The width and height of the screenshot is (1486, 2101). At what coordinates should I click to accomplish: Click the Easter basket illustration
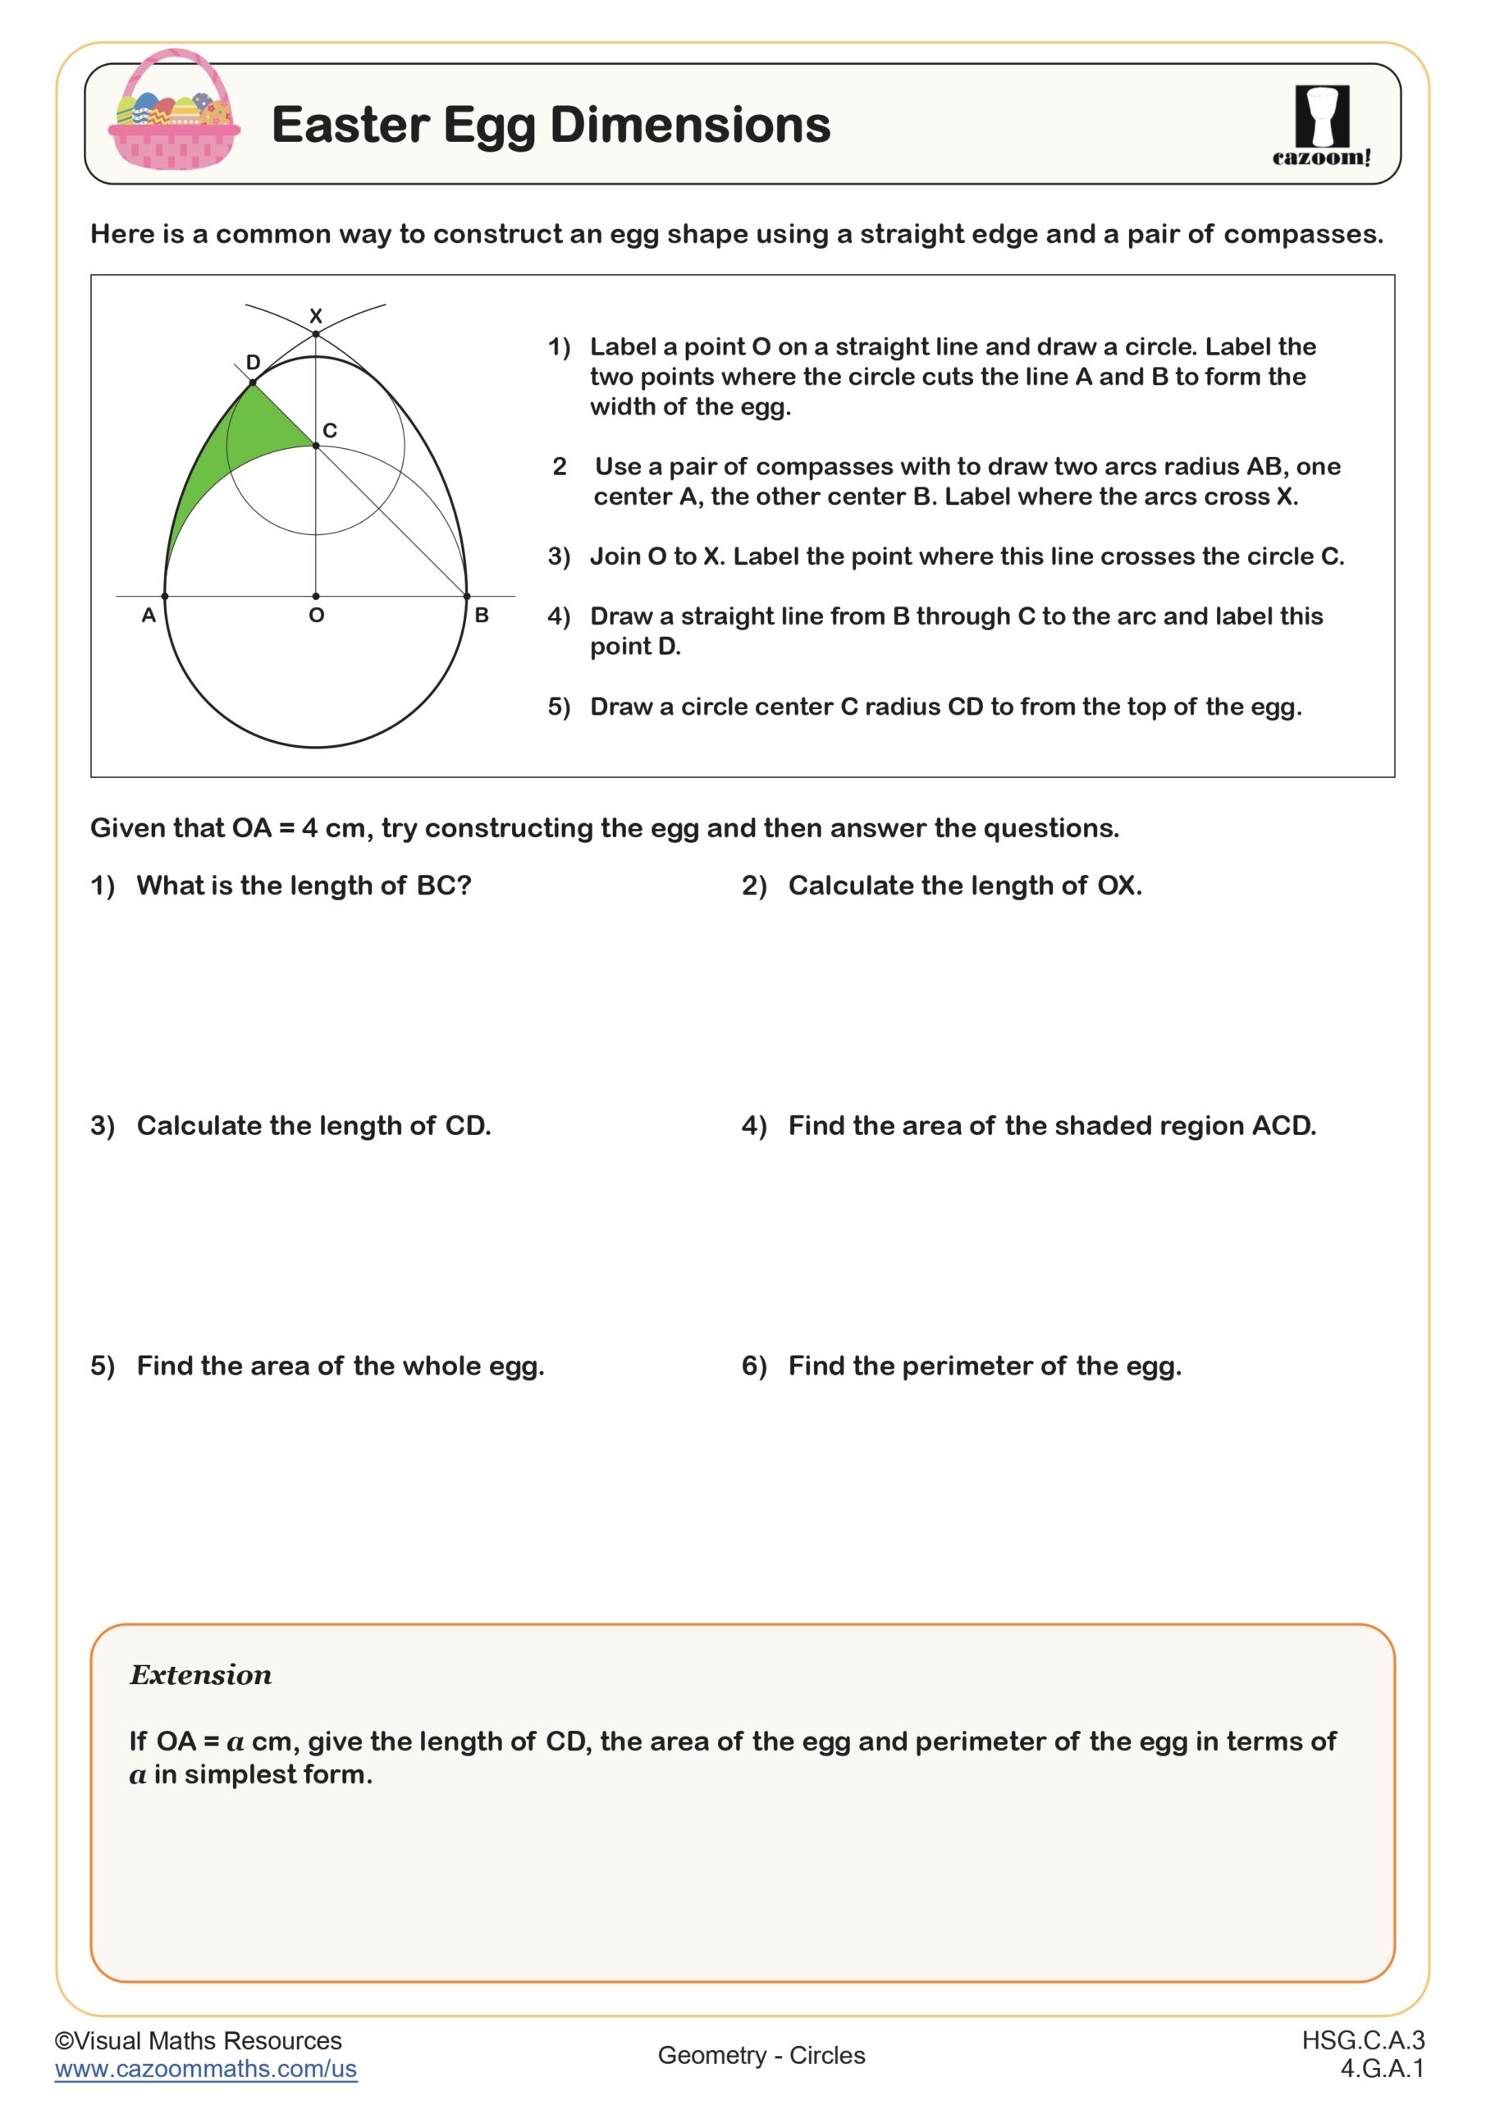(x=174, y=112)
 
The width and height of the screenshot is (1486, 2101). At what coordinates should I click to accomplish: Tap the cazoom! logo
(x=1321, y=126)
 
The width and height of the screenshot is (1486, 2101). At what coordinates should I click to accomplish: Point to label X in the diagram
(x=316, y=316)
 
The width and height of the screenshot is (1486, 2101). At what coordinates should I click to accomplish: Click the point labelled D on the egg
(x=254, y=382)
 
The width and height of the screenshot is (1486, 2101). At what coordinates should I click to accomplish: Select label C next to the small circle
(x=331, y=430)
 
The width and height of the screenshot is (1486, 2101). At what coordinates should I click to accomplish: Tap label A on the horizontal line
(x=149, y=616)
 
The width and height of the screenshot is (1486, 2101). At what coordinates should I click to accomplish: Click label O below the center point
(x=317, y=616)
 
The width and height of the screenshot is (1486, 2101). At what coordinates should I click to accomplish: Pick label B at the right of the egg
(x=482, y=616)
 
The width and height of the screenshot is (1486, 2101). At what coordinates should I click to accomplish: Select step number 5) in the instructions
(x=559, y=707)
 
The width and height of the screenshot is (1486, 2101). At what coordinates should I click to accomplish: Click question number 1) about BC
(x=103, y=886)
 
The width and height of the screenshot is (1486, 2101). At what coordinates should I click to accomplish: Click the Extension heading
(x=200, y=1674)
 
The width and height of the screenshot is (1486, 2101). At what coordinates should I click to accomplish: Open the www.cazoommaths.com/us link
(x=206, y=2069)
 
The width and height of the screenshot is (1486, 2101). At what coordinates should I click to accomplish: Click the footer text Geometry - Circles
(x=761, y=2055)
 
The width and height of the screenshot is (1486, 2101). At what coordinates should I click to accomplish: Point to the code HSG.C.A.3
(x=1362, y=2039)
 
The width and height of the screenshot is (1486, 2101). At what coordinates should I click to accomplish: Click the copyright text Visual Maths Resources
(x=199, y=2040)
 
